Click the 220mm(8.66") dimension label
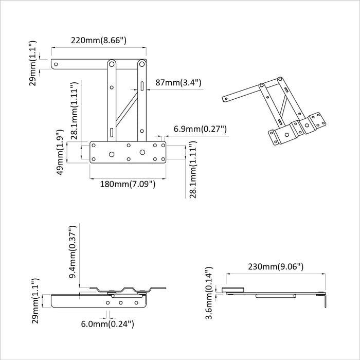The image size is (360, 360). (x=99, y=40)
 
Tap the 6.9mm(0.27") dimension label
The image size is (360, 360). (x=200, y=129)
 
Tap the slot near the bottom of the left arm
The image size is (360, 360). (x=111, y=133)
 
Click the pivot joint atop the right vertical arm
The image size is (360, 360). (x=141, y=64)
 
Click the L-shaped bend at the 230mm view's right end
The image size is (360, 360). (x=325, y=300)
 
